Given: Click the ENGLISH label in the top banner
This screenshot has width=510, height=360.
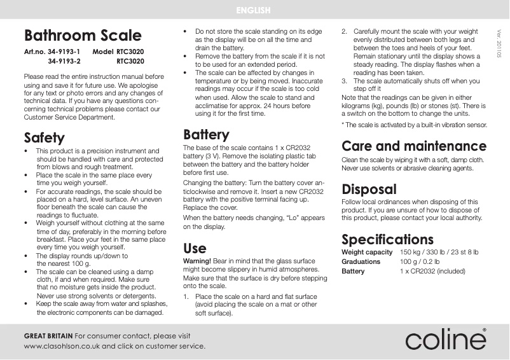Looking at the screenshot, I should pyautogui.click(x=254, y=10).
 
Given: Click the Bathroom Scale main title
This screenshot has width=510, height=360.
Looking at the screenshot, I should pyautogui.click(x=83, y=35).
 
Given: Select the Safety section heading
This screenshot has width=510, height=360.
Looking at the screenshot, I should pyautogui.click(x=44, y=137).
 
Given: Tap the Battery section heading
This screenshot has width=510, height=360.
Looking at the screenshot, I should pyautogui.click(x=206, y=135).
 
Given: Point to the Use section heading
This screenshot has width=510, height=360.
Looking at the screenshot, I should pyautogui.click(x=195, y=247).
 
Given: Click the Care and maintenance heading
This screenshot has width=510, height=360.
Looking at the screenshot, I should pyautogui.click(x=414, y=146).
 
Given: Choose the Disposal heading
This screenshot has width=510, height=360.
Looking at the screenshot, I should pyautogui.click(x=369, y=189).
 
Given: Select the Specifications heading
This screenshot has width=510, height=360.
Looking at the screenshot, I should pyautogui.click(x=387, y=239).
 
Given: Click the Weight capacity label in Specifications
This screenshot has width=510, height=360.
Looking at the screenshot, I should pyautogui.click(x=367, y=253).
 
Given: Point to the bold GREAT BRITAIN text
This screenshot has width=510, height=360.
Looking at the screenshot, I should pyautogui.click(x=48, y=335).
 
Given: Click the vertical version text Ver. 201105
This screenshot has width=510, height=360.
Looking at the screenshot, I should pyautogui.click(x=499, y=45).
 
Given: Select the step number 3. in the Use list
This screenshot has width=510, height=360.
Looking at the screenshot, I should pyautogui.click(x=345, y=81).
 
